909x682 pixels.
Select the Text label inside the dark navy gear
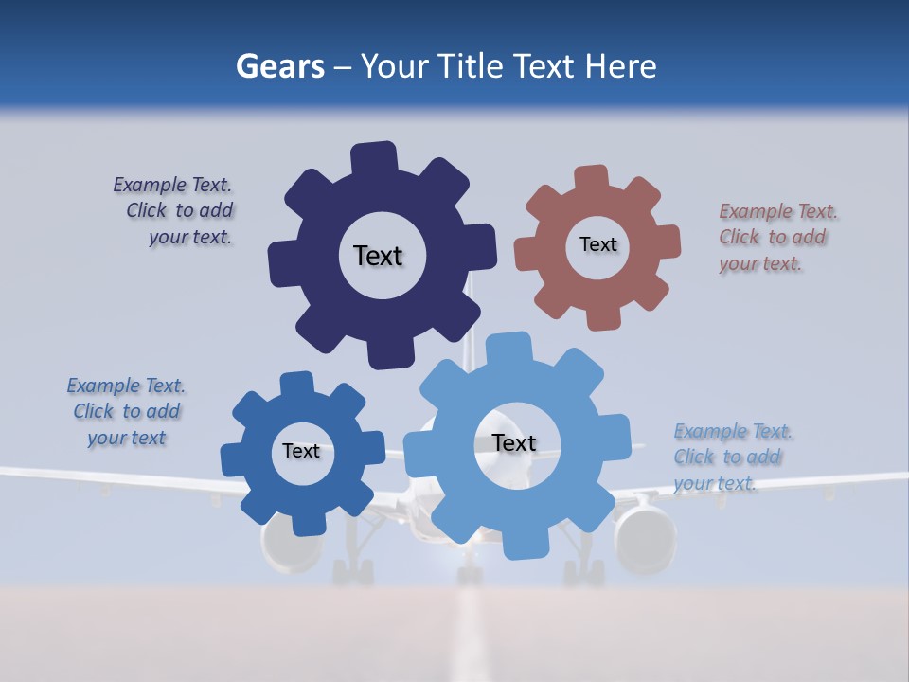378,256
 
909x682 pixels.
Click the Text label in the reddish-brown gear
597,244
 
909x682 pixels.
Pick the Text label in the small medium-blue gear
301,451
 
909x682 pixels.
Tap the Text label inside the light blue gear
514,442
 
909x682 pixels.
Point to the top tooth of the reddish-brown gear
592,179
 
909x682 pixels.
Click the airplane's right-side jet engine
645,538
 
